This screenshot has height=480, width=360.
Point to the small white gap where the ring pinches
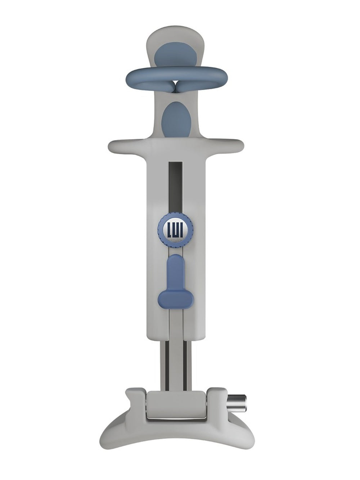[177, 82]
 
